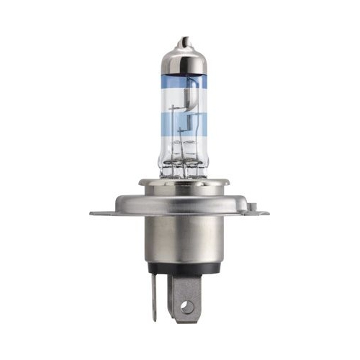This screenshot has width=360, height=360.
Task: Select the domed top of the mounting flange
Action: (x=180, y=198)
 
